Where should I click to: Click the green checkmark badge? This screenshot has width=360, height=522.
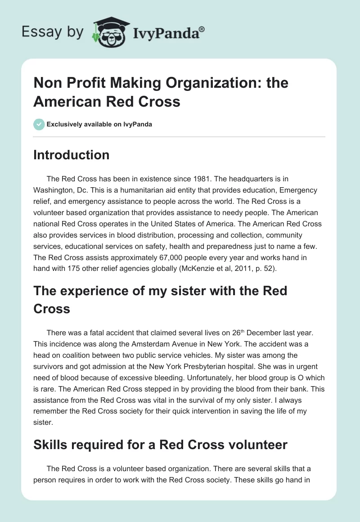coord(39,124)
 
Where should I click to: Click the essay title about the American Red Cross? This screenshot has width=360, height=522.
coord(161,92)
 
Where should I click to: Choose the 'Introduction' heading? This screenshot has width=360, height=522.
coord(71,155)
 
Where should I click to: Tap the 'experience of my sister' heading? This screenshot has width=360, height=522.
coord(160,299)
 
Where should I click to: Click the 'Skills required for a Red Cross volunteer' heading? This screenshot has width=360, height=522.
coord(160,445)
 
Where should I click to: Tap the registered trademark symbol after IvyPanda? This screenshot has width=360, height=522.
coord(202,29)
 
